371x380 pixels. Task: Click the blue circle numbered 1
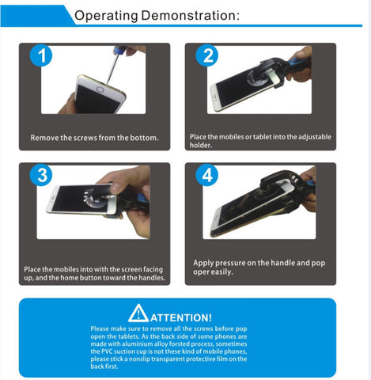click(41, 55)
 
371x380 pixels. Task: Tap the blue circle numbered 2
click(207, 55)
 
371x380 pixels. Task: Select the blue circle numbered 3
click(41, 175)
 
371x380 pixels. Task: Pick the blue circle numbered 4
click(207, 175)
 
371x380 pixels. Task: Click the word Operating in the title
click(106, 16)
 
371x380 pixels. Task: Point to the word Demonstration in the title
click(191, 15)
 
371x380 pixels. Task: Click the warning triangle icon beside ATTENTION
click(138, 313)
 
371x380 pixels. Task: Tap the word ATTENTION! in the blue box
click(181, 317)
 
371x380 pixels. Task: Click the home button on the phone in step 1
click(100, 89)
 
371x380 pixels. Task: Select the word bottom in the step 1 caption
click(144, 138)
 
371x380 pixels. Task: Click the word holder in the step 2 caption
click(200, 145)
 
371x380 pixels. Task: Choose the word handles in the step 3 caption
click(152, 278)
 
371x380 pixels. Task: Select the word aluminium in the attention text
click(138, 344)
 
